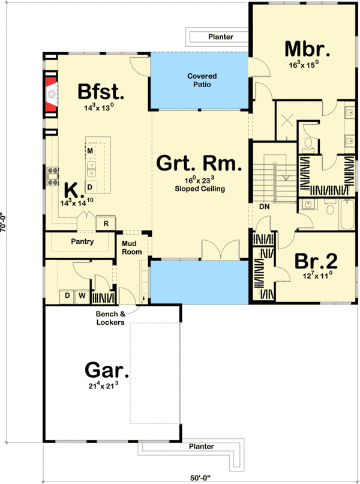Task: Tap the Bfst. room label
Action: coord(101,92)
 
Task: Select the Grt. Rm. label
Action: coord(200,163)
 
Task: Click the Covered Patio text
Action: coord(202,80)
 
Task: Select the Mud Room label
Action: coord(133,247)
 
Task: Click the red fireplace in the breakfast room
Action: coord(50,93)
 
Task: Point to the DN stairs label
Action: coord(263,207)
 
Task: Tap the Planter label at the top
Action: coord(221,37)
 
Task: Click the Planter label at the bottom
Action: coord(201,447)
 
